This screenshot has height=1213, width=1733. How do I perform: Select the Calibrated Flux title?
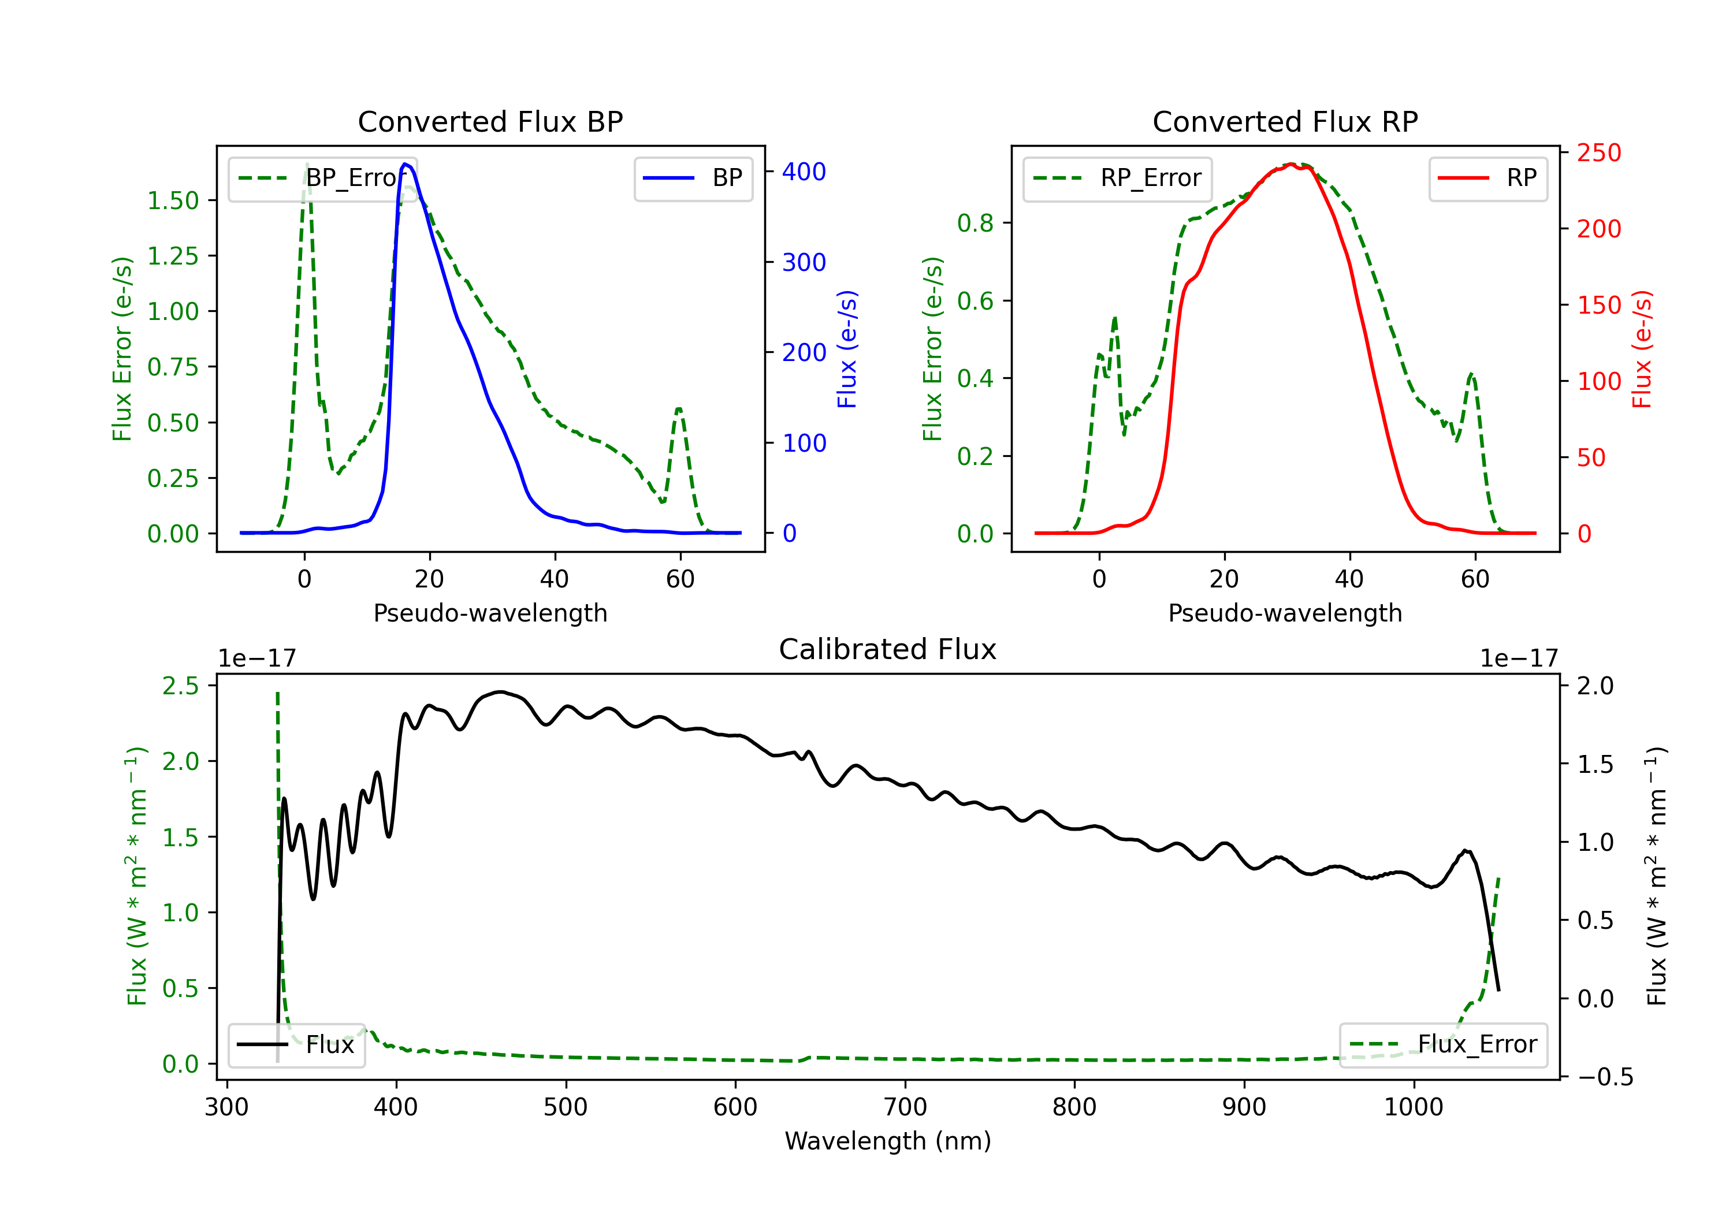click(x=888, y=650)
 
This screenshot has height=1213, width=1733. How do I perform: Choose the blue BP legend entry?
click(x=693, y=178)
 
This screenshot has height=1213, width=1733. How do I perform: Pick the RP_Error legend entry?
click(x=1117, y=178)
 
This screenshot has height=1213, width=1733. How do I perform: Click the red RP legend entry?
click(x=1487, y=178)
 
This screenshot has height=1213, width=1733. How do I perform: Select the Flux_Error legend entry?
click(x=1443, y=1045)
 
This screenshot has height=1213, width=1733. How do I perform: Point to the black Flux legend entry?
click(x=296, y=1045)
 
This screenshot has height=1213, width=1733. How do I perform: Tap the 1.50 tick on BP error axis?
click(x=173, y=201)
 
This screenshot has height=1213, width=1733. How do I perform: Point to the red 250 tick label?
click(x=1598, y=153)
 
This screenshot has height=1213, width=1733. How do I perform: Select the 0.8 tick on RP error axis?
click(x=975, y=224)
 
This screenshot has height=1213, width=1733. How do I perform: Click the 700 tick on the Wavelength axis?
click(x=905, y=1107)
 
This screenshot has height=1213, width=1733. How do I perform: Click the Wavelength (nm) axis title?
click(x=888, y=1141)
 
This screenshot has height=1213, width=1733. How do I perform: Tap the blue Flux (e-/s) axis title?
click(x=847, y=349)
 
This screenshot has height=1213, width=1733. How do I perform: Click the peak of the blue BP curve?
click(x=406, y=164)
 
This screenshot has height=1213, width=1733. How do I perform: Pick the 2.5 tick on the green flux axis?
click(x=180, y=686)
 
